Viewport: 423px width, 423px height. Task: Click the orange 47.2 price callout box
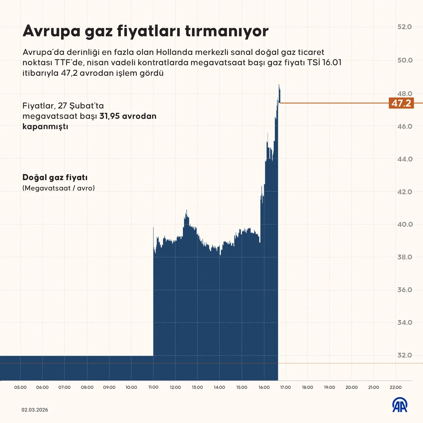click(x=401, y=103)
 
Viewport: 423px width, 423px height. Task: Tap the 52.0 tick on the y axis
click(x=404, y=27)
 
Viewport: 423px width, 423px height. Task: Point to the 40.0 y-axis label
click(x=404, y=224)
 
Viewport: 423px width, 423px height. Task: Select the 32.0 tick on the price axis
click(x=404, y=355)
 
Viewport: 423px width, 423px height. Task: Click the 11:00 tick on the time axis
click(x=153, y=387)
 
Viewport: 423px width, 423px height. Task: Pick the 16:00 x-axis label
click(x=264, y=387)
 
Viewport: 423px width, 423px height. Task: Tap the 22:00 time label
click(x=396, y=387)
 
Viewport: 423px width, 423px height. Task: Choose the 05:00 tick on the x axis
click(x=20, y=387)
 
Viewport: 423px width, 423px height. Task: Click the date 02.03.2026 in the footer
click(x=35, y=410)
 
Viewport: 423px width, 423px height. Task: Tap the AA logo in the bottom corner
click(x=400, y=405)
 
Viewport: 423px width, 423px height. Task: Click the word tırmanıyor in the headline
click(x=226, y=31)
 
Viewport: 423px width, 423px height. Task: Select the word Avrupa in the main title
click(x=52, y=31)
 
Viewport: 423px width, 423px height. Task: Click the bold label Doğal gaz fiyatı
click(x=55, y=177)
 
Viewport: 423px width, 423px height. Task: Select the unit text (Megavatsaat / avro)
click(x=58, y=188)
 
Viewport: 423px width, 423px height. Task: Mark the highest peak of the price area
click(x=279, y=85)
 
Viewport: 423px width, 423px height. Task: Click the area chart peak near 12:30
click(x=187, y=211)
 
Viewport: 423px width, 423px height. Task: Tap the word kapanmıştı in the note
click(x=45, y=127)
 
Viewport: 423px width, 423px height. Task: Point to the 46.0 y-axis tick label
click(x=404, y=126)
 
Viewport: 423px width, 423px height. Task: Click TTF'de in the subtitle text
click(x=70, y=63)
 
